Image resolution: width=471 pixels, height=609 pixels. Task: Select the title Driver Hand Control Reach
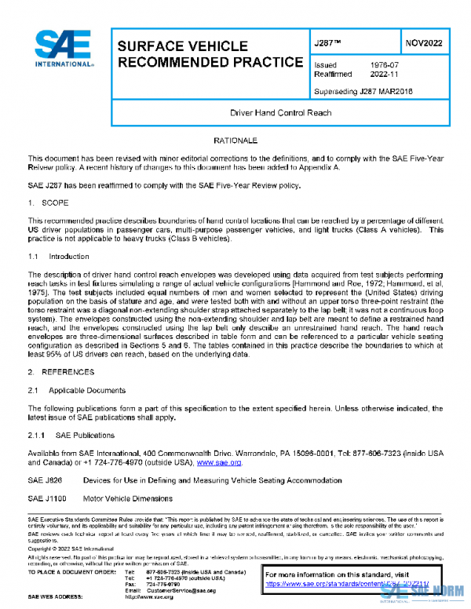click(280, 113)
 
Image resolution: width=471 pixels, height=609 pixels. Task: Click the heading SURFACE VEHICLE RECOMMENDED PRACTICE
click(208, 53)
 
